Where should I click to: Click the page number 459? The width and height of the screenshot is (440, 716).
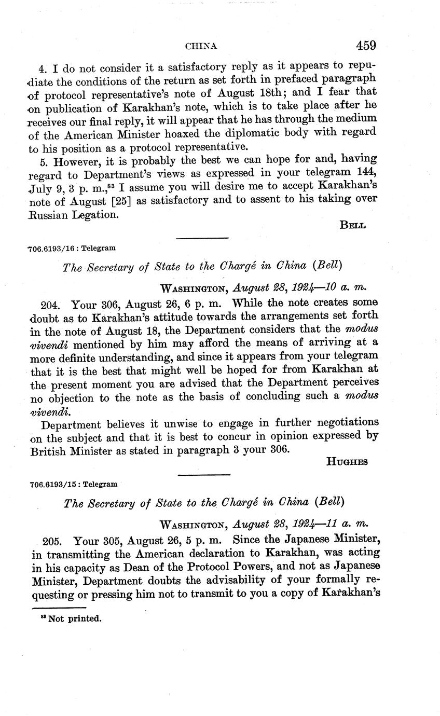pyautogui.click(x=366, y=46)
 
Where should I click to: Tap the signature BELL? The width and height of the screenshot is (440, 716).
pyautogui.click(x=353, y=225)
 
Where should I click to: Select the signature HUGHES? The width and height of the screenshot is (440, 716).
pyautogui.click(x=347, y=462)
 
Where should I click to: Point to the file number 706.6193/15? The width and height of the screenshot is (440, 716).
pyautogui.click(x=56, y=484)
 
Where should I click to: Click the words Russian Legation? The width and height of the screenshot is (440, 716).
pyautogui.click(x=73, y=213)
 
